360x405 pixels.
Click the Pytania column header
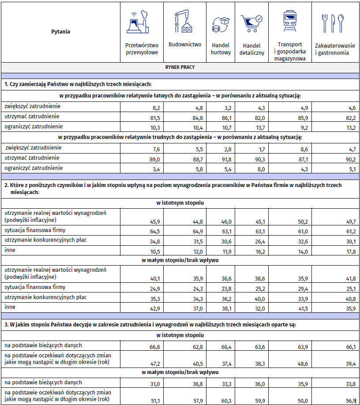pos(60,32)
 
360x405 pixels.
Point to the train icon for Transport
pos(290,21)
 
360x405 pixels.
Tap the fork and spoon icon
pos(332,23)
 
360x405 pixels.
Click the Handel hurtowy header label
pos(221,49)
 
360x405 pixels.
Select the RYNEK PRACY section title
pos(180,67)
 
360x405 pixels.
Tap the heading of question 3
pos(150,325)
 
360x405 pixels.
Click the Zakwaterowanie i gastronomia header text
pos(335,49)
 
